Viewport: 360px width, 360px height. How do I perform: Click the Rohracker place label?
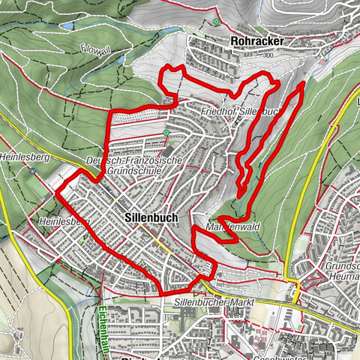tap(239, 40)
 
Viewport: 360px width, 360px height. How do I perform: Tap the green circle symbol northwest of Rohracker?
tap(216, 22)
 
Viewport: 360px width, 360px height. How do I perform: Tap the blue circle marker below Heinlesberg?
tap(34, 170)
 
